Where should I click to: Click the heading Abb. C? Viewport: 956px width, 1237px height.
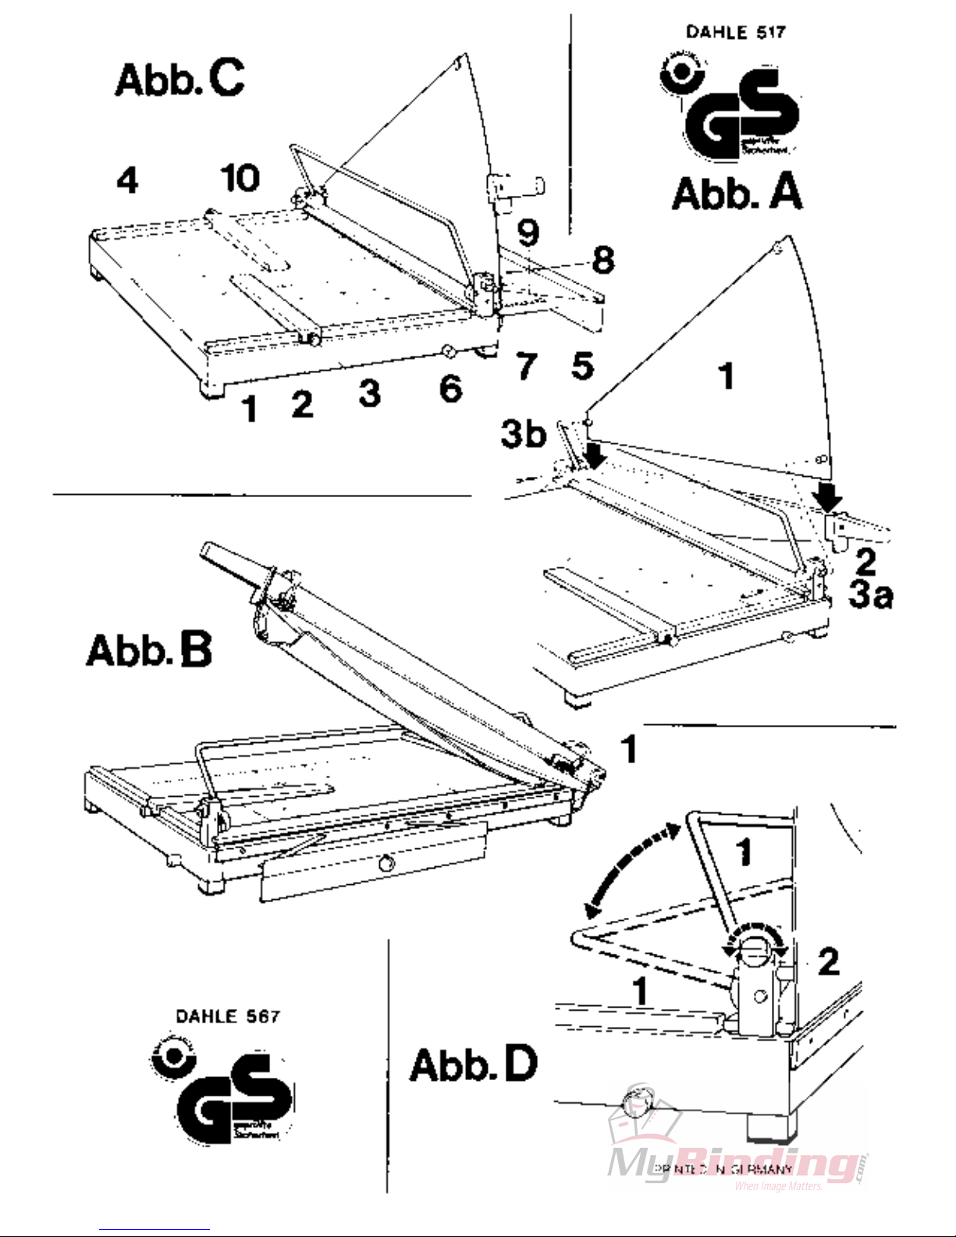pyautogui.click(x=179, y=79)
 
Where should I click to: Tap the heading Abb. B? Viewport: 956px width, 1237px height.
pyautogui.click(x=149, y=650)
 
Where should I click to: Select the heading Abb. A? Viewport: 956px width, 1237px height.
pyautogui.click(x=737, y=193)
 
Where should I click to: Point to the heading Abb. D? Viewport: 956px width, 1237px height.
pyautogui.click(x=474, y=1064)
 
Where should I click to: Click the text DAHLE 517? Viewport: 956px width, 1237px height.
pyautogui.click(x=735, y=32)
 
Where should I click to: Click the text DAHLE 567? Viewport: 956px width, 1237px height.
pyautogui.click(x=227, y=1016)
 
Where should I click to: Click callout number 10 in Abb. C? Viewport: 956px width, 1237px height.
pyautogui.click(x=240, y=178)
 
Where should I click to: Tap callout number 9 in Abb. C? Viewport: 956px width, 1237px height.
pyautogui.click(x=528, y=232)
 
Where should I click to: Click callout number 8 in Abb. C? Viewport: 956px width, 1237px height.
pyautogui.click(x=602, y=260)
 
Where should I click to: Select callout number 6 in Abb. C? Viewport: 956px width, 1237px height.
pyautogui.click(x=450, y=388)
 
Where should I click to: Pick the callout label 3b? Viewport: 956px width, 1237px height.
pyautogui.click(x=523, y=434)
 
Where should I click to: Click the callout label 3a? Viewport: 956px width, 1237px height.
pyautogui.click(x=871, y=595)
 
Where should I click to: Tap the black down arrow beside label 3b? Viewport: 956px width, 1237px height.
pyautogui.click(x=595, y=453)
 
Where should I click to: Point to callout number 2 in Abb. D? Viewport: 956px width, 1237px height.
pyautogui.click(x=828, y=962)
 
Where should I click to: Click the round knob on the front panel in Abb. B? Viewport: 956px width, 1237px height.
pyautogui.click(x=385, y=863)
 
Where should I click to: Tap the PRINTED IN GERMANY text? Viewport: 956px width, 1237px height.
pyautogui.click(x=723, y=1168)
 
